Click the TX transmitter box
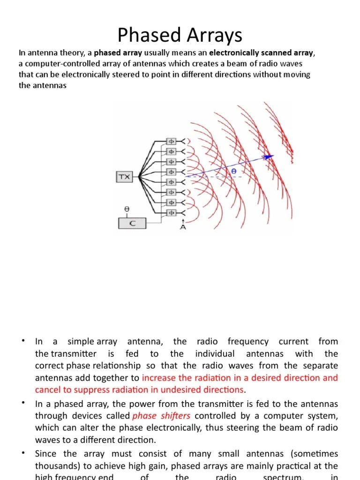(124, 177)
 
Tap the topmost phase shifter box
(171, 141)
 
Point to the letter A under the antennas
(183, 227)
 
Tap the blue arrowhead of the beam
(269, 157)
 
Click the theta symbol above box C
(127, 210)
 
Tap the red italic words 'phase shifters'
(161, 416)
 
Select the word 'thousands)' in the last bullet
(54, 466)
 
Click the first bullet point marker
(22, 340)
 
